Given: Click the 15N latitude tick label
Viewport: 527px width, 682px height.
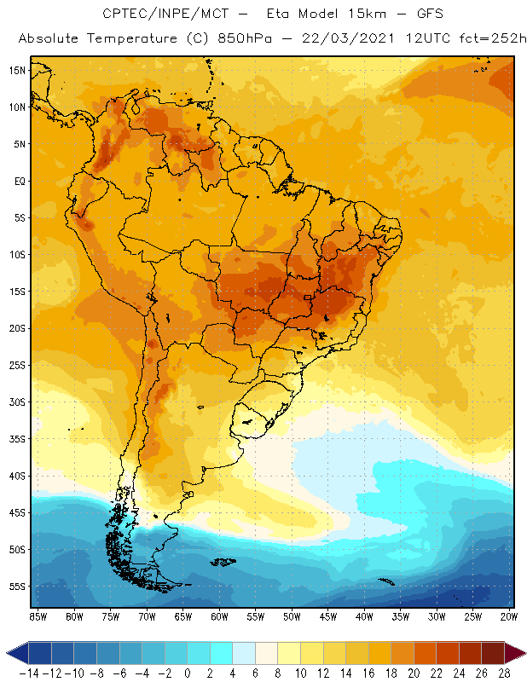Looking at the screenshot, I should coord(16,70).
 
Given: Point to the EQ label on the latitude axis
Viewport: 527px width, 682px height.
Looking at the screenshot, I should coord(18,181).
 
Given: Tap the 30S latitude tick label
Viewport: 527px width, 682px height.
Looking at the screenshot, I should coord(16,402).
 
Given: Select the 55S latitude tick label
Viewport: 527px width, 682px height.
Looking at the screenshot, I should coord(16,587).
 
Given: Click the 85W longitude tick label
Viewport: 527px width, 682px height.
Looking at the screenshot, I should coord(38,616).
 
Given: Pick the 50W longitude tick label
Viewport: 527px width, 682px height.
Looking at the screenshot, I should coord(292,616).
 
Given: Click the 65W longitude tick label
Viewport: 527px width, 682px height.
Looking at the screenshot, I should coord(183,616).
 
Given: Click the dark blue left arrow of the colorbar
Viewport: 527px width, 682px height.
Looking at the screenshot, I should coord(15,653).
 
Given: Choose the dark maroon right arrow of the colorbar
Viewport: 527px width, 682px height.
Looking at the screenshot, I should coord(516,653).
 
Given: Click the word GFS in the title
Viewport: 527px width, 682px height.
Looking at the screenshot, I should coord(413,14).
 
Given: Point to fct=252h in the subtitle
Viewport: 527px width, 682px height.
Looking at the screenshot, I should coord(489,39).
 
